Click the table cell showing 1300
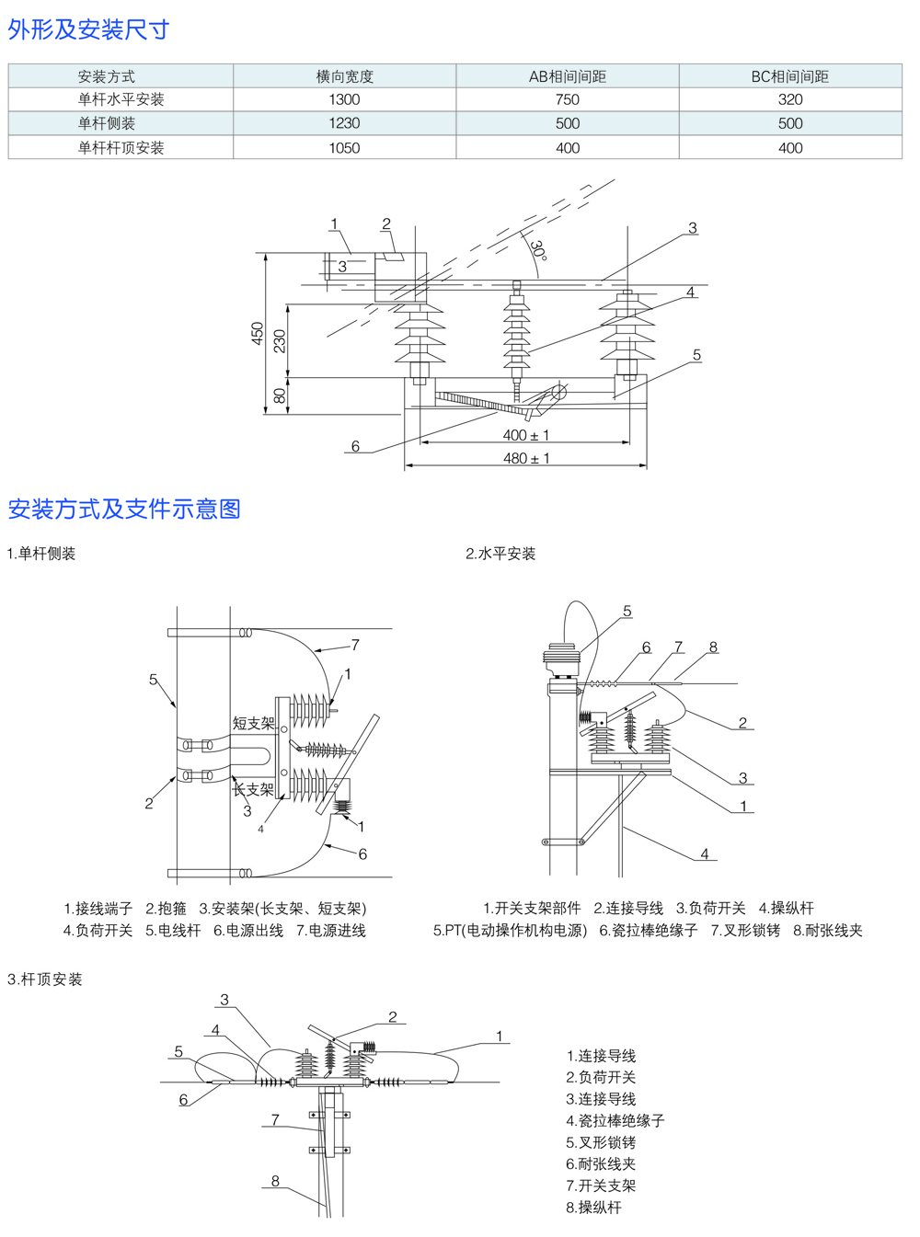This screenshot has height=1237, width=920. coord(344,99)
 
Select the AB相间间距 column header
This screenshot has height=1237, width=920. coord(567,76)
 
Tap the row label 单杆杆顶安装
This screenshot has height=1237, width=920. coord(121,148)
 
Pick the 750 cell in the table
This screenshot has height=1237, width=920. coord(567,99)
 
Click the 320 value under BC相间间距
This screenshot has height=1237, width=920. coord(789,99)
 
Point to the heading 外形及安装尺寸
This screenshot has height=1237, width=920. coord(88,29)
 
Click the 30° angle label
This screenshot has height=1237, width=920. coord(538,251)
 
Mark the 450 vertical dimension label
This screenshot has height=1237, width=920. coord(258,333)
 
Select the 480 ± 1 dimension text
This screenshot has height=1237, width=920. coord(526,458)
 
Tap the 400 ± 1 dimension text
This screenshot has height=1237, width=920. coord(526,435)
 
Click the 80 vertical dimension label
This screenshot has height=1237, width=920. coord(280,395)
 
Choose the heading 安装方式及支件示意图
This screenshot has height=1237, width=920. coord(124,509)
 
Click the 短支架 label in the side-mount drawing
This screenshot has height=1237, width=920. coord(253,723)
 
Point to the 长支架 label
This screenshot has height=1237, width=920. coord(253,789)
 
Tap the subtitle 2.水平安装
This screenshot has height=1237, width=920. coord(500,554)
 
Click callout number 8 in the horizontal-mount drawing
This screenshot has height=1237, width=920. coord(713,647)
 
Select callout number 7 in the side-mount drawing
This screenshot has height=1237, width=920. coord(355,646)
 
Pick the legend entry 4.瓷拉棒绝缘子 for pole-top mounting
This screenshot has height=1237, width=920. coord(615,1121)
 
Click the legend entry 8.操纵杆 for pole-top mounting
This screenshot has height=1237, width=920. coord(593,1208)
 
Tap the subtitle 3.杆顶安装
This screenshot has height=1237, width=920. coord(45,979)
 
